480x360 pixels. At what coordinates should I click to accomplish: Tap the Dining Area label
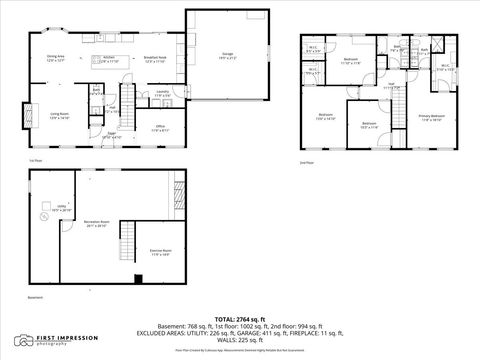(55, 58)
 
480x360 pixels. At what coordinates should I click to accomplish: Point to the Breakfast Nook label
(154, 60)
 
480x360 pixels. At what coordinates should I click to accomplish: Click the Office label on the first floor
(159, 127)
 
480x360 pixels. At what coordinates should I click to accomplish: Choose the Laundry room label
(161, 94)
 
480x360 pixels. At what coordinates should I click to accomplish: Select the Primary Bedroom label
(431, 118)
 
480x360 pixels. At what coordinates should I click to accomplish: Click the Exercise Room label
(161, 252)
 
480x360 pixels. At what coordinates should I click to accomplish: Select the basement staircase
(126, 240)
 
